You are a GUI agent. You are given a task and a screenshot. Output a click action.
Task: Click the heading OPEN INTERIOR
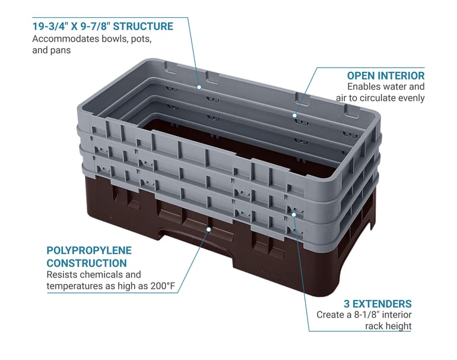[x=386, y=75]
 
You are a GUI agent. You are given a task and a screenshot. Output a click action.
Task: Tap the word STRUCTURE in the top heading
[x=143, y=26]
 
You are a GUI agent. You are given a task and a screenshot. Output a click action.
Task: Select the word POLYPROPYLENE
[x=89, y=250]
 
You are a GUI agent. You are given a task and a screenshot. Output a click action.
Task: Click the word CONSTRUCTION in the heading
[x=87, y=263]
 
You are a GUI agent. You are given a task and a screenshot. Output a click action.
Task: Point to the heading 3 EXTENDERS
[x=377, y=304]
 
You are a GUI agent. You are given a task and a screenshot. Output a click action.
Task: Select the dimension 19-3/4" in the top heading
[x=50, y=26]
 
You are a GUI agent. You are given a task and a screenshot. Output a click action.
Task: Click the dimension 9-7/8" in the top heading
[x=96, y=26]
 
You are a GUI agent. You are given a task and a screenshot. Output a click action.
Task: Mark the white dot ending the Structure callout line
[x=199, y=87]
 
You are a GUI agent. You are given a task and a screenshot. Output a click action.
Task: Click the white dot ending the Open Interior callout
[x=294, y=115]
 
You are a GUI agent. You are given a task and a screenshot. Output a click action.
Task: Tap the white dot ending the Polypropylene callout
[x=209, y=229]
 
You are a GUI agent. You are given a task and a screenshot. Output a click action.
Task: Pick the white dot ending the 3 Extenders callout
[x=294, y=214]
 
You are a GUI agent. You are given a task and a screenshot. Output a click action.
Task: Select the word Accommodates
[x=65, y=39]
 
